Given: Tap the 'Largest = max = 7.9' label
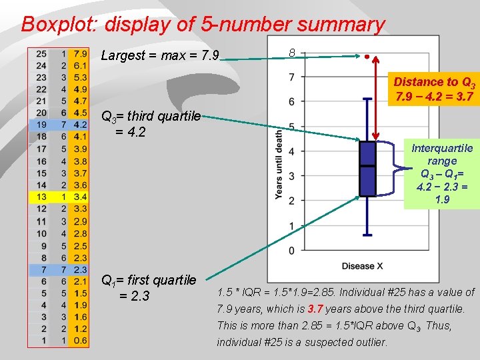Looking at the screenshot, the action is (160, 55).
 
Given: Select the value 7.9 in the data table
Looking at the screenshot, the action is (81, 53).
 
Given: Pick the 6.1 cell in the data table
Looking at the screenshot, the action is (81, 65).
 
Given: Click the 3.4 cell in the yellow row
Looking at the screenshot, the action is (81, 197).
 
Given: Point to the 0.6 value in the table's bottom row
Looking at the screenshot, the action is (81, 340).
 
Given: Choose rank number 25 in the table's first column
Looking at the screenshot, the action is (41, 53).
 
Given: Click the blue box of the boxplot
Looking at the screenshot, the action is (367, 168).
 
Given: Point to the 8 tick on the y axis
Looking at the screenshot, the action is (292, 52).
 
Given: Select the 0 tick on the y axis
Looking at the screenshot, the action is (292, 250).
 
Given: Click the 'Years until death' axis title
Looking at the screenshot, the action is (278, 163).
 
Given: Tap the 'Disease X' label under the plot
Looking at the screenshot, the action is (362, 266).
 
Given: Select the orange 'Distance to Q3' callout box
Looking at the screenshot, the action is (434, 89).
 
